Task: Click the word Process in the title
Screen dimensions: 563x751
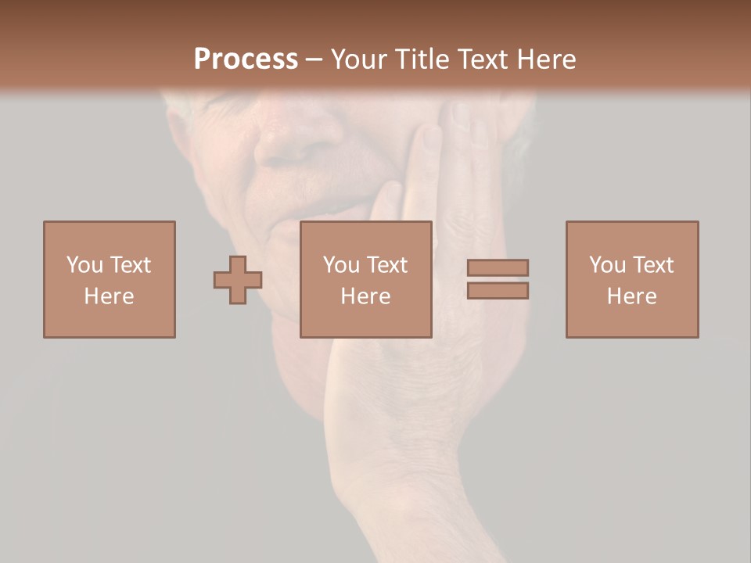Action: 246,59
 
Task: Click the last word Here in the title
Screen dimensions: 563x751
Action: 548,59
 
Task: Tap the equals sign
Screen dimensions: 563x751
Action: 498,279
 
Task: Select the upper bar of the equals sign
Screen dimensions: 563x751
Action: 498,268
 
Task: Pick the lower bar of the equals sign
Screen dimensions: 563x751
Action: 498,290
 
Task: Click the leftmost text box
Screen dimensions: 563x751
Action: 110,279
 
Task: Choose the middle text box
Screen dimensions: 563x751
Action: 366,279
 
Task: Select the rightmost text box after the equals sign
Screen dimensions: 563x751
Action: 632,279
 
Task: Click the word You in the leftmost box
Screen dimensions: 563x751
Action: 84,265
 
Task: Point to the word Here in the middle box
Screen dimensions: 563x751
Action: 366,296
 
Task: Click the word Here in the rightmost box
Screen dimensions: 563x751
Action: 632,296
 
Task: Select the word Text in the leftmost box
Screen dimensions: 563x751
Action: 130,265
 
